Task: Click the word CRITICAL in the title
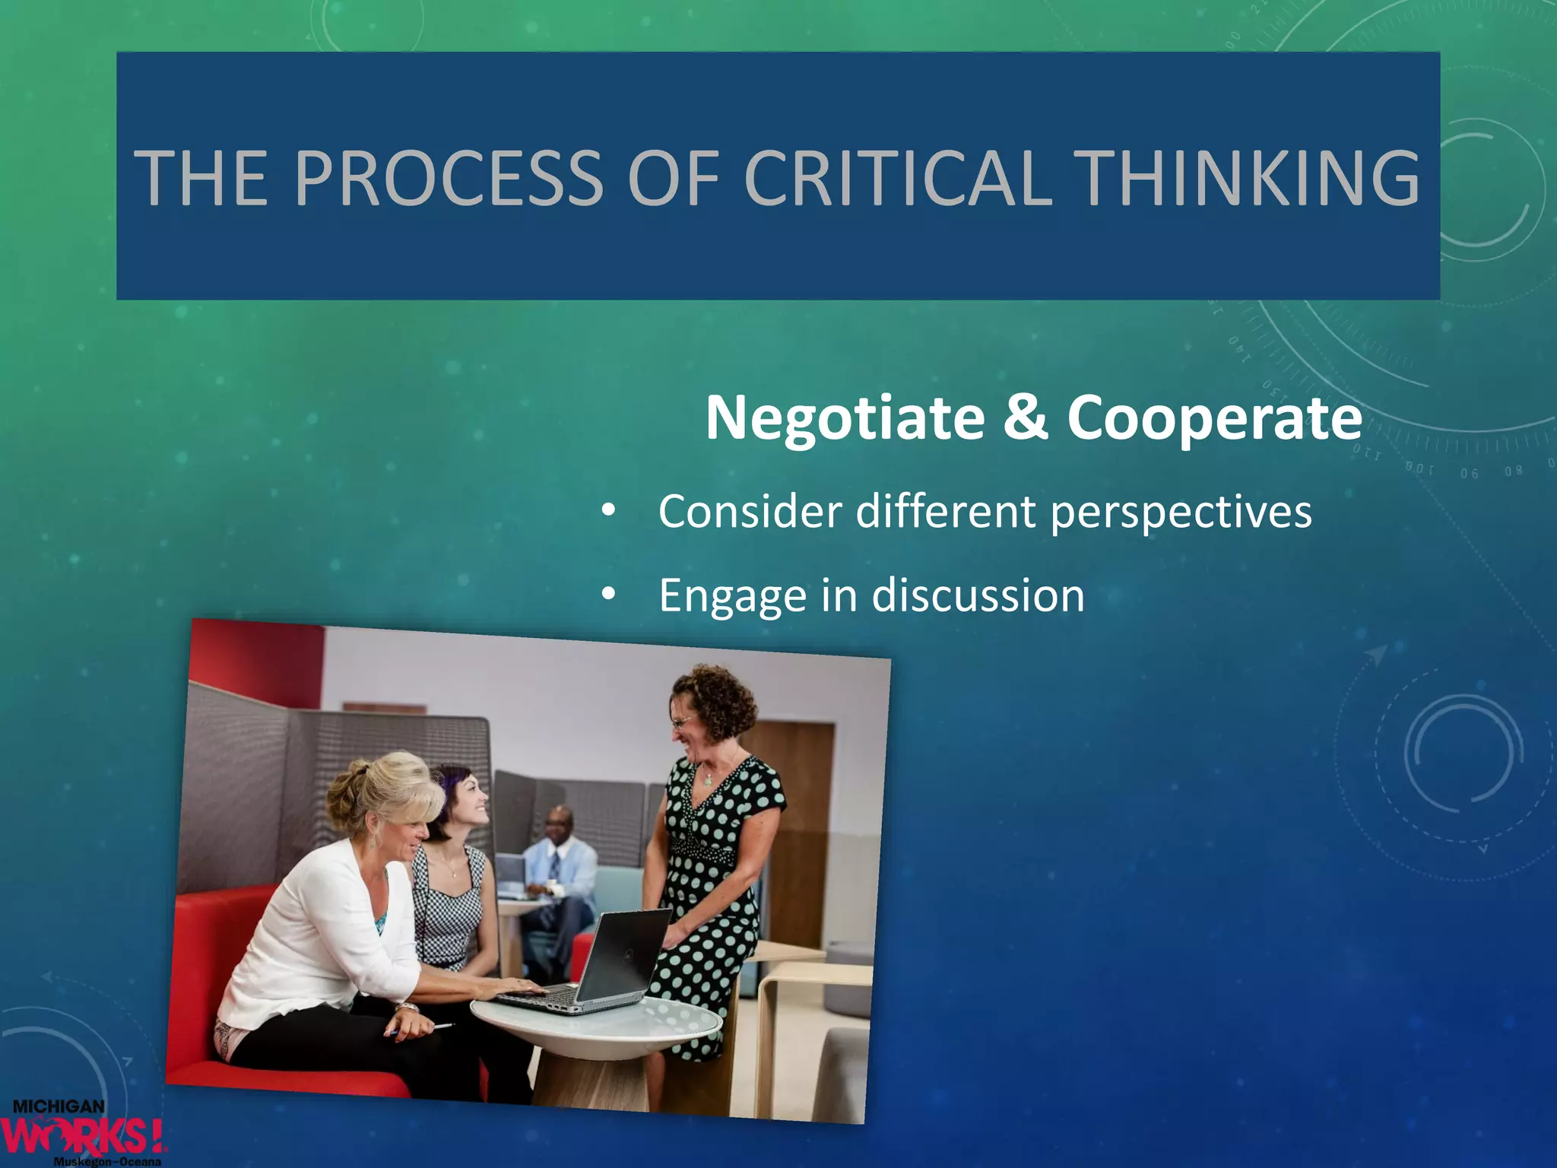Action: point(898,178)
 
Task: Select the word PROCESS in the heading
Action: point(448,178)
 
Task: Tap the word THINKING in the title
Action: point(1248,178)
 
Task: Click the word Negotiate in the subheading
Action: point(845,418)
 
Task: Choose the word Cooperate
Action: point(1214,418)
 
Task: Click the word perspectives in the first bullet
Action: point(1181,513)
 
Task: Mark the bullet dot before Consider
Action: point(607,511)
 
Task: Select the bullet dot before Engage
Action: point(607,595)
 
